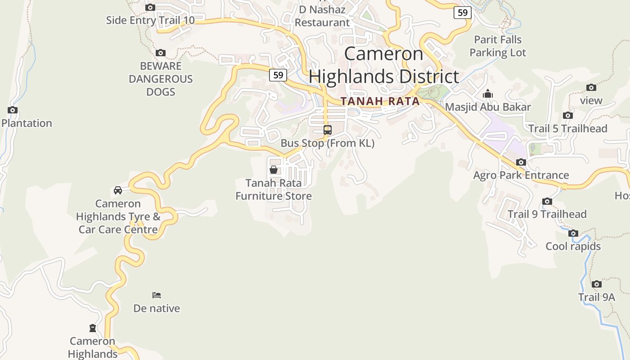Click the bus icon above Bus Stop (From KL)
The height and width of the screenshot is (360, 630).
(328, 130)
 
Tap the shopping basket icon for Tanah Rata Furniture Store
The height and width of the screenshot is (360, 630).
(274, 170)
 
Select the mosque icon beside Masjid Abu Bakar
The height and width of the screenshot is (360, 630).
(488, 94)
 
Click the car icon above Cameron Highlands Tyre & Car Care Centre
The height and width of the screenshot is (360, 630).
(118, 190)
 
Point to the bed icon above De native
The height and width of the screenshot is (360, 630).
(157, 295)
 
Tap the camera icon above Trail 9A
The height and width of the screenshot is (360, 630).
(597, 284)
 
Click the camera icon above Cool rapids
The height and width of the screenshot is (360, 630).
(573, 233)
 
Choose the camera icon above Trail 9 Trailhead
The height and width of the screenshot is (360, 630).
(547, 201)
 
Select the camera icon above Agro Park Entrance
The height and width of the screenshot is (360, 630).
(521, 162)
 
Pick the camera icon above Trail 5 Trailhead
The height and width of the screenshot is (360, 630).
(568, 115)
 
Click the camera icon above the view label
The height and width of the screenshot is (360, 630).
(591, 87)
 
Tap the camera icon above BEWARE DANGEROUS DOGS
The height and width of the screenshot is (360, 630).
(161, 53)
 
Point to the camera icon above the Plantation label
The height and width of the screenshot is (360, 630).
(13, 110)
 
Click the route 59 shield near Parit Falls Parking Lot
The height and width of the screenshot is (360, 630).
(463, 13)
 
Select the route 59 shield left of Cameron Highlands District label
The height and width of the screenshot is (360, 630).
(278, 75)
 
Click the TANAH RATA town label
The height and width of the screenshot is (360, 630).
(380, 101)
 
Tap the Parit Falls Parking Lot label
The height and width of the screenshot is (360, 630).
(498, 46)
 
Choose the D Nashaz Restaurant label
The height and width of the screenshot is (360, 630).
(322, 16)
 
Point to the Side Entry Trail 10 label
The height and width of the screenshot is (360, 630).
(150, 20)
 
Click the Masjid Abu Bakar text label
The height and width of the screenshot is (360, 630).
(488, 107)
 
